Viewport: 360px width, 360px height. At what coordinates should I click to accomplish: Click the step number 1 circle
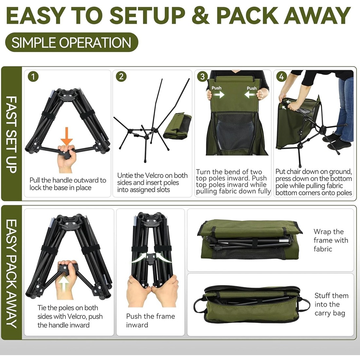click(x=33, y=77)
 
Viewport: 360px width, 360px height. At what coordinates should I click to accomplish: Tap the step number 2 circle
click(x=121, y=76)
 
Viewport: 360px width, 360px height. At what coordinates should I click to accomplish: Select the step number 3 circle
click(x=202, y=77)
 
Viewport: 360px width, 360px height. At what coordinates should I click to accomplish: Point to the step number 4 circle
click(x=281, y=77)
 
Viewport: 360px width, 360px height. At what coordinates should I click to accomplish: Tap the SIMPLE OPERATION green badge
click(x=72, y=42)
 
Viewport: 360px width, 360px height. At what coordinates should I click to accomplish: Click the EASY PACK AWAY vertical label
click(x=11, y=273)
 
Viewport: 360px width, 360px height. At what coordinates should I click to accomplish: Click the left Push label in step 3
click(x=217, y=88)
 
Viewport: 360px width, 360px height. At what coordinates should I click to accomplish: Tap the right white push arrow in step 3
click(x=250, y=94)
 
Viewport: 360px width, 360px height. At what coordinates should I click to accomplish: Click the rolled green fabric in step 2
click(x=177, y=125)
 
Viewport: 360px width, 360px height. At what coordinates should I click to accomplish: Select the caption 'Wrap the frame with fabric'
click(x=331, y=240)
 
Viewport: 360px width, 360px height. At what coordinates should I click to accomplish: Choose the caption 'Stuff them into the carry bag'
click(x=331, y=304)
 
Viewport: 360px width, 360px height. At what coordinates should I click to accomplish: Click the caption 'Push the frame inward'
click(x=151, y=320)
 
